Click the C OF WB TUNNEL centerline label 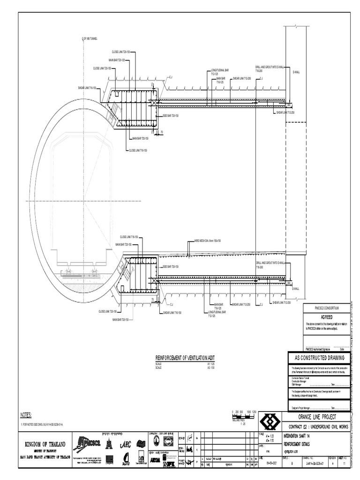click(x=90, y=38)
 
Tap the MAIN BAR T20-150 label click(x=120, y=320)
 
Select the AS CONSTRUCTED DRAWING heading click(x=319, y=358)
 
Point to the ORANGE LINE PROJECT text click(x=317, y=417)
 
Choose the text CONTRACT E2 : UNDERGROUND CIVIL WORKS click(x=317, y=427)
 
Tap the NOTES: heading click(x=25, y=414)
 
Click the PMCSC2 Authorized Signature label click(x=317, y=349)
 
